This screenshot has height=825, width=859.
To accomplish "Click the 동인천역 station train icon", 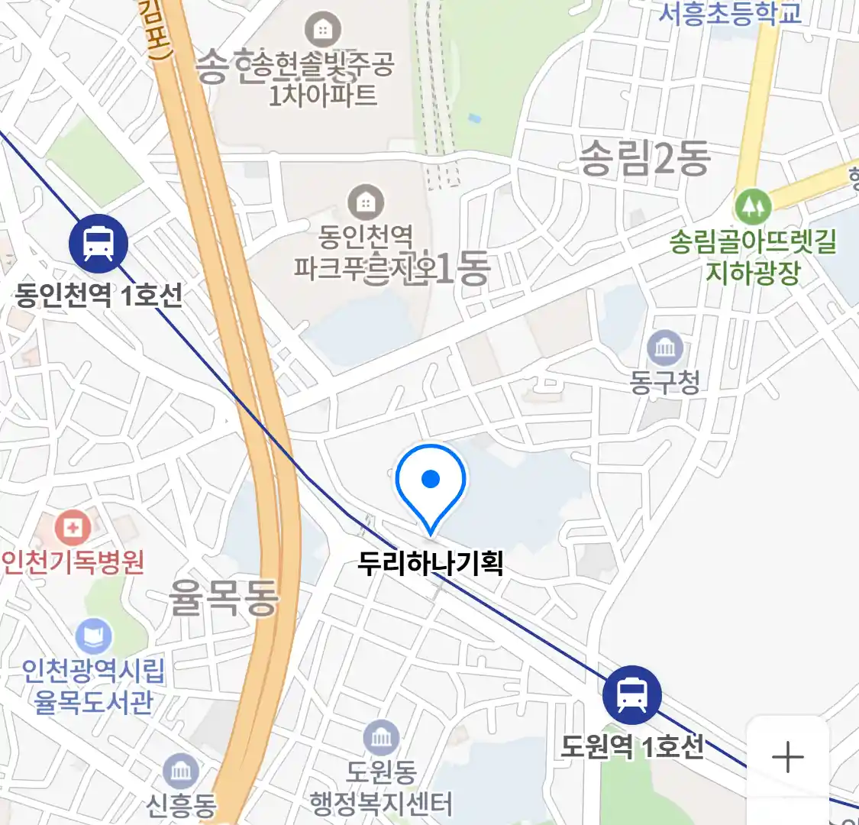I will (x=98, y=244).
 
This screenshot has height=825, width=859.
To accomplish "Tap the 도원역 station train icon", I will (x=631, y=695).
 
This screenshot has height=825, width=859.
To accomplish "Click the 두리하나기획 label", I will (x=431, y=564).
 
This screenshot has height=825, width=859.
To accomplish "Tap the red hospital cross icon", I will (x=73, y=528).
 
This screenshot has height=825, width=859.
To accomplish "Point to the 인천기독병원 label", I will (x=73, y=563).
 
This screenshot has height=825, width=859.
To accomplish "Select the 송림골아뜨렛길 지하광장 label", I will (x=753, y=257).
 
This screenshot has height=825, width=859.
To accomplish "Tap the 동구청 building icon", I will (x=665, y=348).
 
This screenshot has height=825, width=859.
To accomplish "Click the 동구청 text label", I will (x=665, y=381).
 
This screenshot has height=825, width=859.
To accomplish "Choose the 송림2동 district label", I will (x=645, y=159).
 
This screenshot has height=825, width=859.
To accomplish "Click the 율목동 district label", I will (x=224, y=597).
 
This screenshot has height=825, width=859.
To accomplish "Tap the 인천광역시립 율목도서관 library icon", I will (x=94, y=636).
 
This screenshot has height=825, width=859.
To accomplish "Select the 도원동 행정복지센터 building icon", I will (x=380, y=737).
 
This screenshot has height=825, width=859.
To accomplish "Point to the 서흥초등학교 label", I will (x=731, y=13).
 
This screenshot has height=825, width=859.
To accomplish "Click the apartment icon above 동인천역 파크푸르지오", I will (x=366, y=202).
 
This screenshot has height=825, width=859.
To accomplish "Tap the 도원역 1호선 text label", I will (x=632, y=746).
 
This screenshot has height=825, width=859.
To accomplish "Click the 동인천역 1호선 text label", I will (x=99, y=295).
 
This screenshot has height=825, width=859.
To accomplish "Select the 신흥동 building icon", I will (x=181, y=771).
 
